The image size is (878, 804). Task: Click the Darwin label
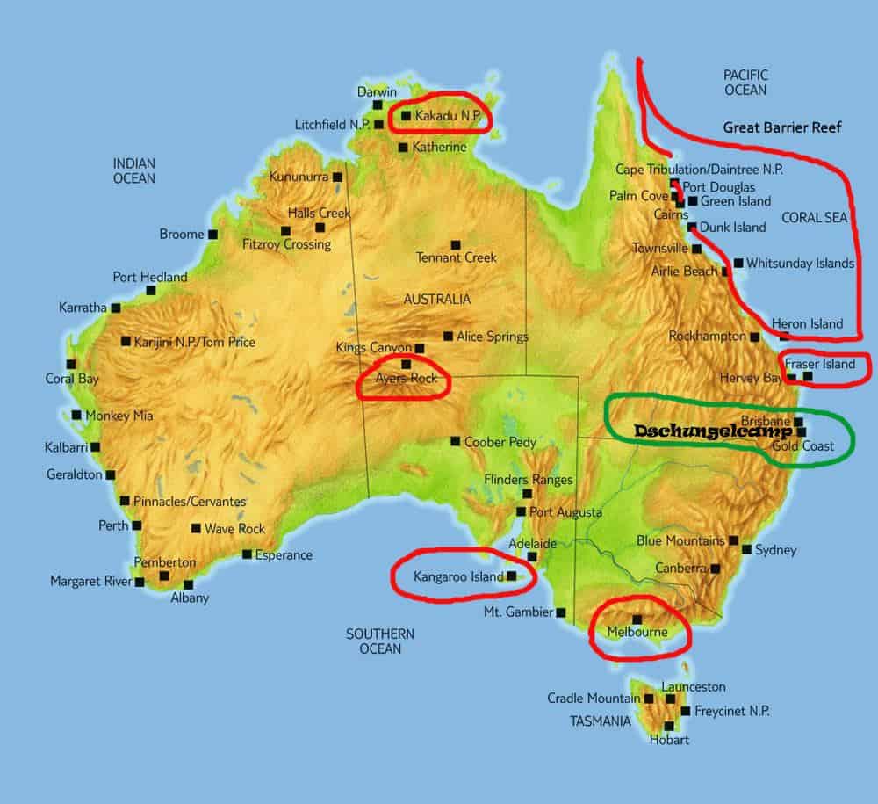378,92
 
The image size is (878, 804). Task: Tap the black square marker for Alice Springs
448,336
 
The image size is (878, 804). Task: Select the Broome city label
182,235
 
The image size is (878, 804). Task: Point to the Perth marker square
136,525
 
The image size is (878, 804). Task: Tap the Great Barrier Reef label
782,127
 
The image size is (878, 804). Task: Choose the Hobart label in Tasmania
670,740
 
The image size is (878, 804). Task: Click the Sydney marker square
746,550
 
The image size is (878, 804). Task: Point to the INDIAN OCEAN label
133,170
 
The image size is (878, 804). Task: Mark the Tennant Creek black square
455,244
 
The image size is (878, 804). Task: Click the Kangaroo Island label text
458,576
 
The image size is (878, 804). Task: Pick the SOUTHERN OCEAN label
379,641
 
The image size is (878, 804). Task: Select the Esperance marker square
247,554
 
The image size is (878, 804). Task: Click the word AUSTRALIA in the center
436,299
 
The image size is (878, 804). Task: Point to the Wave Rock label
234,529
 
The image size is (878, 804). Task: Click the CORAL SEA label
815,217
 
